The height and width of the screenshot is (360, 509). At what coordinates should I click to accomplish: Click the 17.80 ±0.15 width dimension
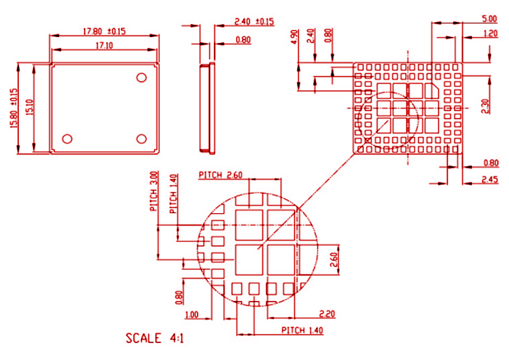coord(103,31)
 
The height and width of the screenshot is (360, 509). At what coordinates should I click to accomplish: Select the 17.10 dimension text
coord(104,45)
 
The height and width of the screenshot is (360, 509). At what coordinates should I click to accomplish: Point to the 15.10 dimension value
coord(29,109)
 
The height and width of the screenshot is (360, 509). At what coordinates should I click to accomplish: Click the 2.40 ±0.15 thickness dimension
coord(252,21)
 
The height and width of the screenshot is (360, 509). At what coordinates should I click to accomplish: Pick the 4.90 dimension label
coord(294,37)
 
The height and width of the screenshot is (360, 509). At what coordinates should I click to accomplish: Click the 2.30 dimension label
coord(484,106)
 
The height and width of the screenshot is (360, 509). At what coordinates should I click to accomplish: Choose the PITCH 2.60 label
coord(220,175)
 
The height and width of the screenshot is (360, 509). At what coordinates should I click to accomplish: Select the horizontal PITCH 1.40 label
coord(302,330)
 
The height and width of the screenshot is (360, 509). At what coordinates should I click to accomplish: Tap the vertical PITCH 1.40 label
coord(172,194)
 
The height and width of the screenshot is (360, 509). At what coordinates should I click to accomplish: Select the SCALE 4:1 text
coord(153,338)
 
